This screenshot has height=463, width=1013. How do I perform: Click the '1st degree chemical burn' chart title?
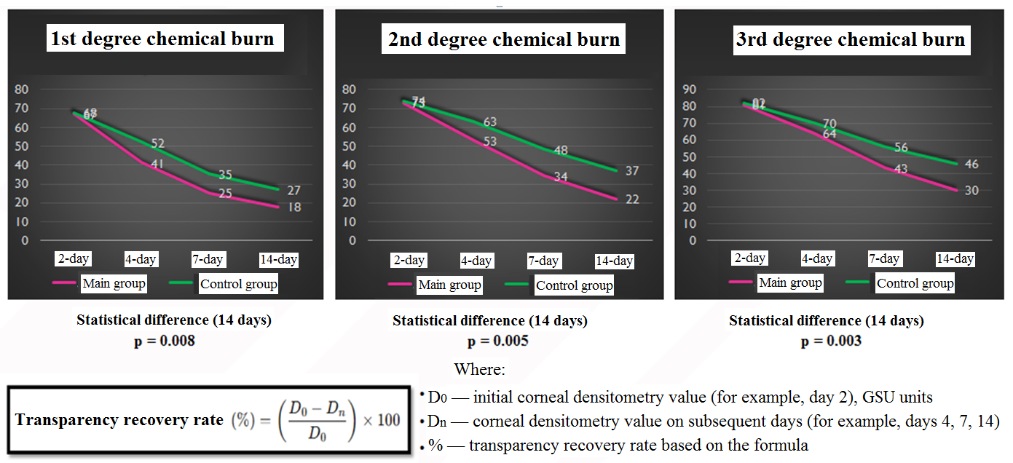[x=162, y=39]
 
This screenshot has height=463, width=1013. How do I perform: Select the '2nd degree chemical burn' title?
[x=503, y=39]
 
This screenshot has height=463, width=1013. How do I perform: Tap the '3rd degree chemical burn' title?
[x=850, y=39]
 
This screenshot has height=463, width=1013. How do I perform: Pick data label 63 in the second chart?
[x=489, y=122]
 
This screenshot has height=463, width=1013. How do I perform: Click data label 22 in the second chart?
[x=632, y=199]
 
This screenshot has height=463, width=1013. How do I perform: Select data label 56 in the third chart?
[x=901, y=148]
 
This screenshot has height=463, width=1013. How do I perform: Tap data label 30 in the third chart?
[x=971, y=191]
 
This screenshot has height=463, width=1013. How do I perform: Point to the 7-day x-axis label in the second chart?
[x=543, y=261]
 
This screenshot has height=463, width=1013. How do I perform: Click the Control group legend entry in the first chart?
[x=238, y=284]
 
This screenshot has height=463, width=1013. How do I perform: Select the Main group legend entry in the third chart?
[x=790, y=282]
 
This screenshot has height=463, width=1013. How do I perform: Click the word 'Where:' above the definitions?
[x=478, y=369]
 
